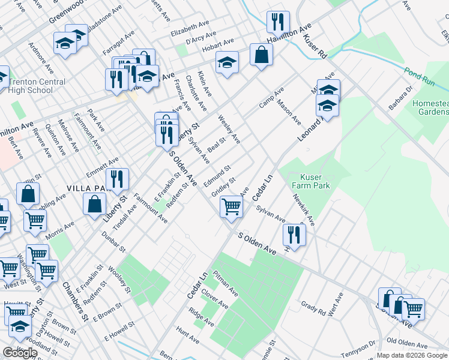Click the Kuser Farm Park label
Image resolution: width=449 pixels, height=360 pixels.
pyautogui.click(x=310, y=182)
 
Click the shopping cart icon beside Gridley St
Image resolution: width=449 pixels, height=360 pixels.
pyautogui.click(x=232, y=208)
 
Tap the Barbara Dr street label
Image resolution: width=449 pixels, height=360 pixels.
pyautogui.click(x=402, y=98)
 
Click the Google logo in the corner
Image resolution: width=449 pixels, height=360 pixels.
pyautogui.click(x=20, y=353)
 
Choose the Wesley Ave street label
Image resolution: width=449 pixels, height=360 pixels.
pyautogui.click(x=229, y=129)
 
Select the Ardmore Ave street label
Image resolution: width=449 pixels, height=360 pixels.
pyautogui.click(x=45, y=56)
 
